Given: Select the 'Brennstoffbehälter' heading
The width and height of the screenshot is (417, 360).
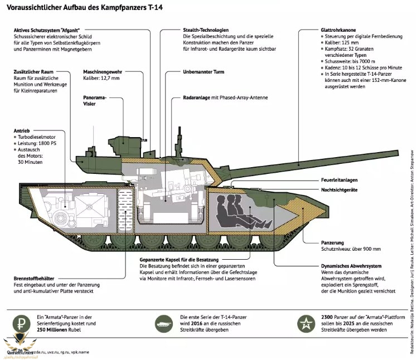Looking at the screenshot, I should coord(35,279).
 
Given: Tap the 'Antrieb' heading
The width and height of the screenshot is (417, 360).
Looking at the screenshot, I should coord(22,131).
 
